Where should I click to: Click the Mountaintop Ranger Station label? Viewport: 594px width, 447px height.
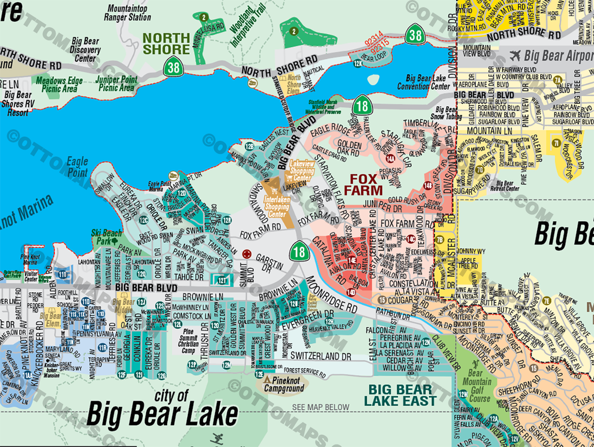[x=128, y=13]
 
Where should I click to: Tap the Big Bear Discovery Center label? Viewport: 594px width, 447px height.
[x=85, y=50]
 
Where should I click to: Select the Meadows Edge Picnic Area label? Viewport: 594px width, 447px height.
[x=59, y=85]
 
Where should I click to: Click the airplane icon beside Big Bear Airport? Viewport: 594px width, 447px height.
[x=515, y=56]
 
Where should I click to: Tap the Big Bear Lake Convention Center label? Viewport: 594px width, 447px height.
[x=428, y=82]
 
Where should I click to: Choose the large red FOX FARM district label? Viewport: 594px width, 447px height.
[x=363, y=184]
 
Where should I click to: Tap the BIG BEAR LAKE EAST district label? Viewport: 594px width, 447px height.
[x=400, y=395]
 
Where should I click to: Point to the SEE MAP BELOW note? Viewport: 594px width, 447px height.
[x=321, y=408]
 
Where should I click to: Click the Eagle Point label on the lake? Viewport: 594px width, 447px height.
[x=77, y=167]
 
